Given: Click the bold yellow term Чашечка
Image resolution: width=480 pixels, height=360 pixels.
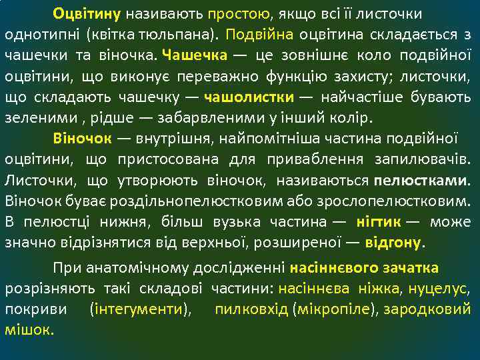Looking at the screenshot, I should [194, 55].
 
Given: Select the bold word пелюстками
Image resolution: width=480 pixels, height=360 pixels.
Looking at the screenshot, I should [421, 180].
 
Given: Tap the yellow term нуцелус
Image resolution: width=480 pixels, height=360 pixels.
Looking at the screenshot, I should [441, 289].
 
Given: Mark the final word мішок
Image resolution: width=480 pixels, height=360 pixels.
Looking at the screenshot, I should [29, 330].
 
